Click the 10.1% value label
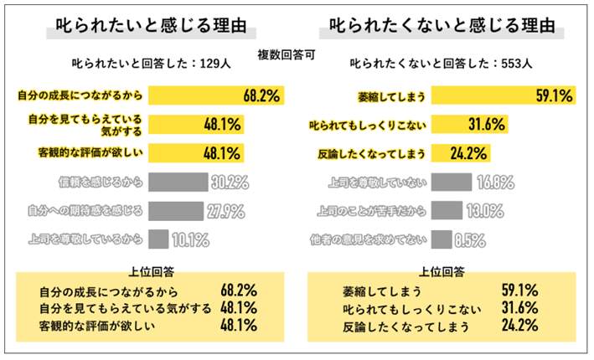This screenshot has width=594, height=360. click(190, 240)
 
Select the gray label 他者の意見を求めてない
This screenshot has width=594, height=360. click(373, 240)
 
